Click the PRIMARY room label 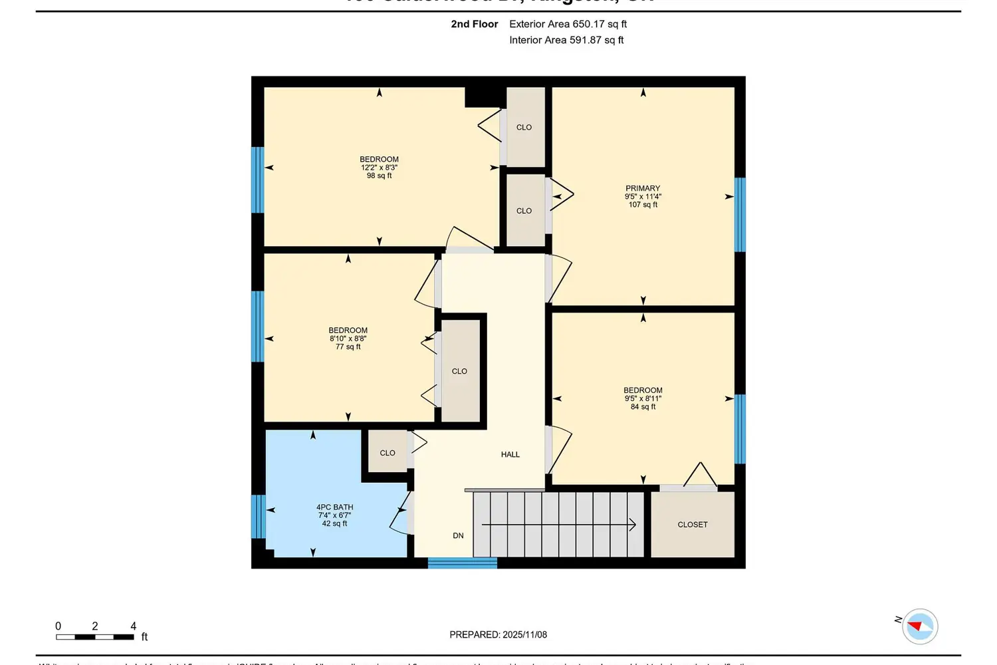click(643, 188)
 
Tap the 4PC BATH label click(334, 507)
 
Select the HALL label click(510, 454)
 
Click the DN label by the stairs click(458, 535)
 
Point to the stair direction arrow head click(633, 525)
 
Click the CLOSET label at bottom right click(692, 525)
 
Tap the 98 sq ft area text click(379, 176)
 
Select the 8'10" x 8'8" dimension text click(348, 338)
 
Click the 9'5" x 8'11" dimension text click(643, 398)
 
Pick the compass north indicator click(919, 626)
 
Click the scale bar click(94, 637)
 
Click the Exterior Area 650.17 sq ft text click(568, 24)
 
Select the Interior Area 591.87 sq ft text click(566, 40)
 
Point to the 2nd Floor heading click(474, 24)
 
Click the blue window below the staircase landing click(462, 563)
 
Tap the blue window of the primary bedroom click(740, 214)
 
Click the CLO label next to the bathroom click(388, 453)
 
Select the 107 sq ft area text click(643, 205)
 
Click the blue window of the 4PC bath click(258, 516)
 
